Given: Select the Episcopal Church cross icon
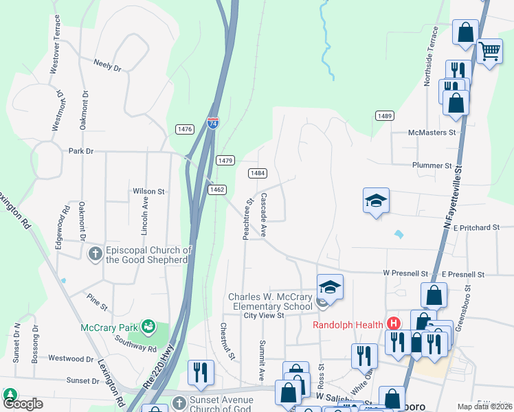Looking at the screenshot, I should tap(95, 254).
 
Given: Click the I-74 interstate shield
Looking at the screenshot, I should tap(213, 124).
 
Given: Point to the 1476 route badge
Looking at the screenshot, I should tap(184, 129).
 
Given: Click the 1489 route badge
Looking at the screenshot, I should tap(384, 116).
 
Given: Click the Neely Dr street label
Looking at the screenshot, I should tap(108, 66).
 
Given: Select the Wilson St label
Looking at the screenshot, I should tap(149, 192).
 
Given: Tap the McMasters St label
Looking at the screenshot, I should tap(432, 133).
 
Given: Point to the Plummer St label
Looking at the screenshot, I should tap(432, 165).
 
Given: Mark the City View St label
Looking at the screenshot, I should tap(264, 316).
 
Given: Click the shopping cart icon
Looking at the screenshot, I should tap(489, 49).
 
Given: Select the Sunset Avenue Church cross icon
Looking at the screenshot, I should tap(179, 402).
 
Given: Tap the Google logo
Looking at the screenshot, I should tap(23, 404).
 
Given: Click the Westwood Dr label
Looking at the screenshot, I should tap(71, 358).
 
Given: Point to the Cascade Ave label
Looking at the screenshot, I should tap(263, 215).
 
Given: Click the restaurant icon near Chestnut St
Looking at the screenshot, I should tap(201, 371).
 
